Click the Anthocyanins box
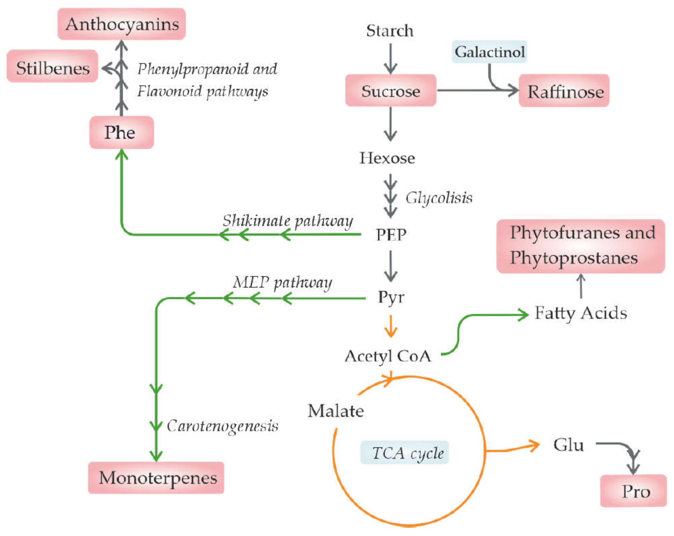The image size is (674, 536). pyautogui.click(x=122, y=24)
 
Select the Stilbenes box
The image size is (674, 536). pyautogui.click(x=52, y=66)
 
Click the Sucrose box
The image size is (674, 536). pyautogui.click(x=390, y=91)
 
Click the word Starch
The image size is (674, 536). pyautogui.click(x=390, y=31)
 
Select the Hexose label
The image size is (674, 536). pyautogui.click(x=387, y=158)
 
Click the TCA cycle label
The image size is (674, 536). pyautogui.click(x=405, y=453)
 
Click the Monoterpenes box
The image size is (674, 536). pyautogui.click(x=156, y=478)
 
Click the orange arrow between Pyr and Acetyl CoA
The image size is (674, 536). pyautogui.click(x=390, y=326)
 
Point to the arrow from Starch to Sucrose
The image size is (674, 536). pyautogui.click(x=390, y=59)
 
